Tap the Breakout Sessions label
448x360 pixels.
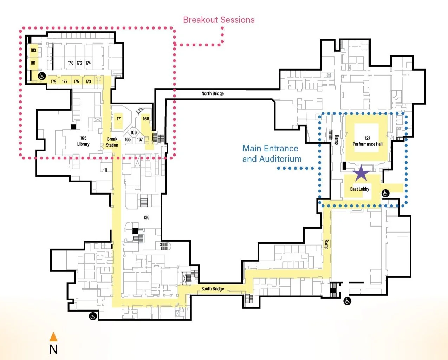219,20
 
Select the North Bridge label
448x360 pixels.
213,93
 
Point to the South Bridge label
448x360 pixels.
213,289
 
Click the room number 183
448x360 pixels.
33,50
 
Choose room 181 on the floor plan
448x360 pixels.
33,63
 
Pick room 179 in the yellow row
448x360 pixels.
53,81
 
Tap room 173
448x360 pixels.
88,81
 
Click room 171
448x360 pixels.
119,119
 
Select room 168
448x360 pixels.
146,119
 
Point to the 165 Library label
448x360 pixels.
83,141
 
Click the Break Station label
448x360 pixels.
112,142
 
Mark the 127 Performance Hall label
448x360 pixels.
368,141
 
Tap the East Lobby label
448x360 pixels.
359,189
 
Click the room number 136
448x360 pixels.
147,217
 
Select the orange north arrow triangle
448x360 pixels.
53,337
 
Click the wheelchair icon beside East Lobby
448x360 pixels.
385,193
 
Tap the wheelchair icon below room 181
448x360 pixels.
42,76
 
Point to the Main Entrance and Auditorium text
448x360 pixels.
272,153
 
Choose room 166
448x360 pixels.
134,132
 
